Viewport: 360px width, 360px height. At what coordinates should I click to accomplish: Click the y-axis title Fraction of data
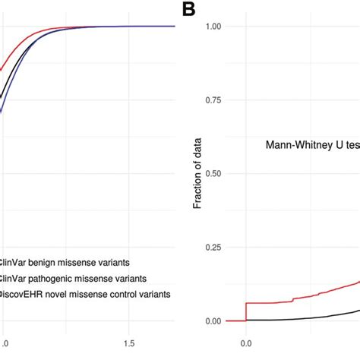(197, 174)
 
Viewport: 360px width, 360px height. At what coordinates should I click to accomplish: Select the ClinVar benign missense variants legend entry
(65, 263)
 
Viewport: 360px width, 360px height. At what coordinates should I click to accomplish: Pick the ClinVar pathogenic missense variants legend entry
(74, 279)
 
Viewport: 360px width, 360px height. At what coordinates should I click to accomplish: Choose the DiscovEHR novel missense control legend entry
(85, 294)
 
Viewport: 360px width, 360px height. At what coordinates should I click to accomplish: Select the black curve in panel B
(319, 314)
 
